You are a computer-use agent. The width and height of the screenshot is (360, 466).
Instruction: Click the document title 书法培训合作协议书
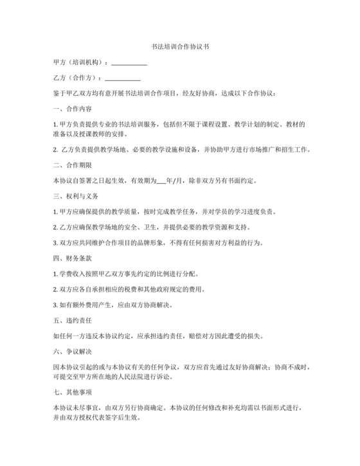point(179,47)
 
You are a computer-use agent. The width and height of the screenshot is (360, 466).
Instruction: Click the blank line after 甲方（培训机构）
point(129,62)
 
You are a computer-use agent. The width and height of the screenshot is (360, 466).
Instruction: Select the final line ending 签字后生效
point(96,417)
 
